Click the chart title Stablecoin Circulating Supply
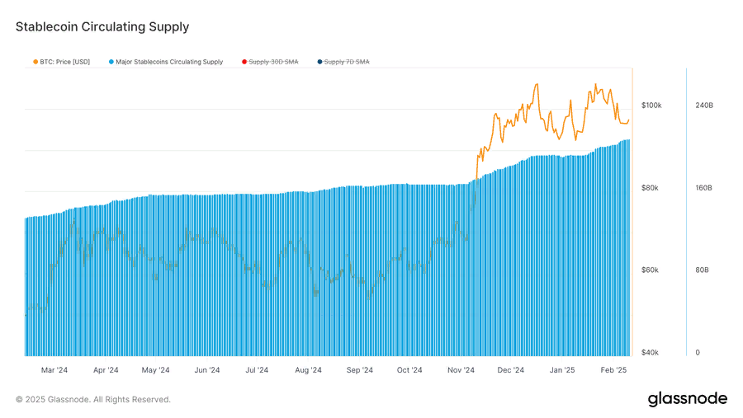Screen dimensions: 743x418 tap(102, 27)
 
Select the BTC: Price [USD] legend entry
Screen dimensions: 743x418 tap(62, 62)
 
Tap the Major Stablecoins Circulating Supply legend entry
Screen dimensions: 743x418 tap(166, 62)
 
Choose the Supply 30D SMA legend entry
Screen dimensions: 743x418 tap(270, 62)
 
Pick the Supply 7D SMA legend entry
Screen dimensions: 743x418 tap(343, 62)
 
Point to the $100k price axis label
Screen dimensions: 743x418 tap(651, 105)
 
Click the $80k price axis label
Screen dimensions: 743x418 tap(651, 188)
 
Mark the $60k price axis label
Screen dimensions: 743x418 tap(651, 270)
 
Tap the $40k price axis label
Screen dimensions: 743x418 tap(651, 353)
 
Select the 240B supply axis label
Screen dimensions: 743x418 tap(704, 105)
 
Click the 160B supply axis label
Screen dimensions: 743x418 tap(703, 188)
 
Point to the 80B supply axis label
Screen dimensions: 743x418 tap(702, 270)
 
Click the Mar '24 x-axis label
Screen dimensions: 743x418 tap(54, 370)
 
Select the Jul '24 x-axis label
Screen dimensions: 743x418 tap(257, 370)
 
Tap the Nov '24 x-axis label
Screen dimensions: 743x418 tap(461, 370)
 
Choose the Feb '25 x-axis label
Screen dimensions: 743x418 tap(613, 370)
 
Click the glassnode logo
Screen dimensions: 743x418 tap(688, 398)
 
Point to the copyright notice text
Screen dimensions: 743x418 tap(92, 400)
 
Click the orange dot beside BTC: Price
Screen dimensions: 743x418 tap(35, 62)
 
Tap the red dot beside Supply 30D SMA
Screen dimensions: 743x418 tap(244, 62)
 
